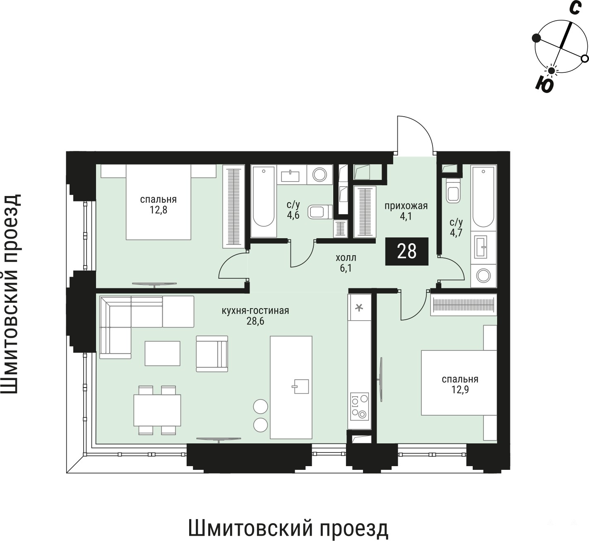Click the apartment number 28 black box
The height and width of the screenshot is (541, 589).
[406, 251]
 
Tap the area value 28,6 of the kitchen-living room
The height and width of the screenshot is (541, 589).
[255, 321]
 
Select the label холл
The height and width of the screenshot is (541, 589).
[346, 258]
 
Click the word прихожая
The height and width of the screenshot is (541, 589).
[406, 206]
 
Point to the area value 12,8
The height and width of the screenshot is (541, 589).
[159, 210]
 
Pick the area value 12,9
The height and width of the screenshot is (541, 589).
[460, 390]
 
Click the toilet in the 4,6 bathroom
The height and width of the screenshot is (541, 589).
[320, 212]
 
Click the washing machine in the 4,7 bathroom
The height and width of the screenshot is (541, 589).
[483, 276]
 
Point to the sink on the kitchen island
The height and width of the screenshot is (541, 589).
[301, 386]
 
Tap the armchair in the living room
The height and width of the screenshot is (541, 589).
[212, 354]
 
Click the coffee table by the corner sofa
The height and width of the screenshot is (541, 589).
[162, 353]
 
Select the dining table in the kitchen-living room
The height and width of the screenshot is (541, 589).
[157, 410]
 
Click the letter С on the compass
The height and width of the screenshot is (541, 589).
[575, 8]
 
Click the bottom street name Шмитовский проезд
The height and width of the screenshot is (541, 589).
[288, 528]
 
